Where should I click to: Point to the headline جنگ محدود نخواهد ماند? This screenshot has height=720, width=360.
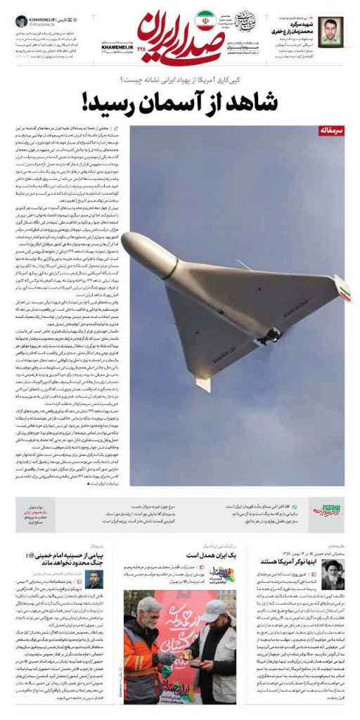pos(61,562)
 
